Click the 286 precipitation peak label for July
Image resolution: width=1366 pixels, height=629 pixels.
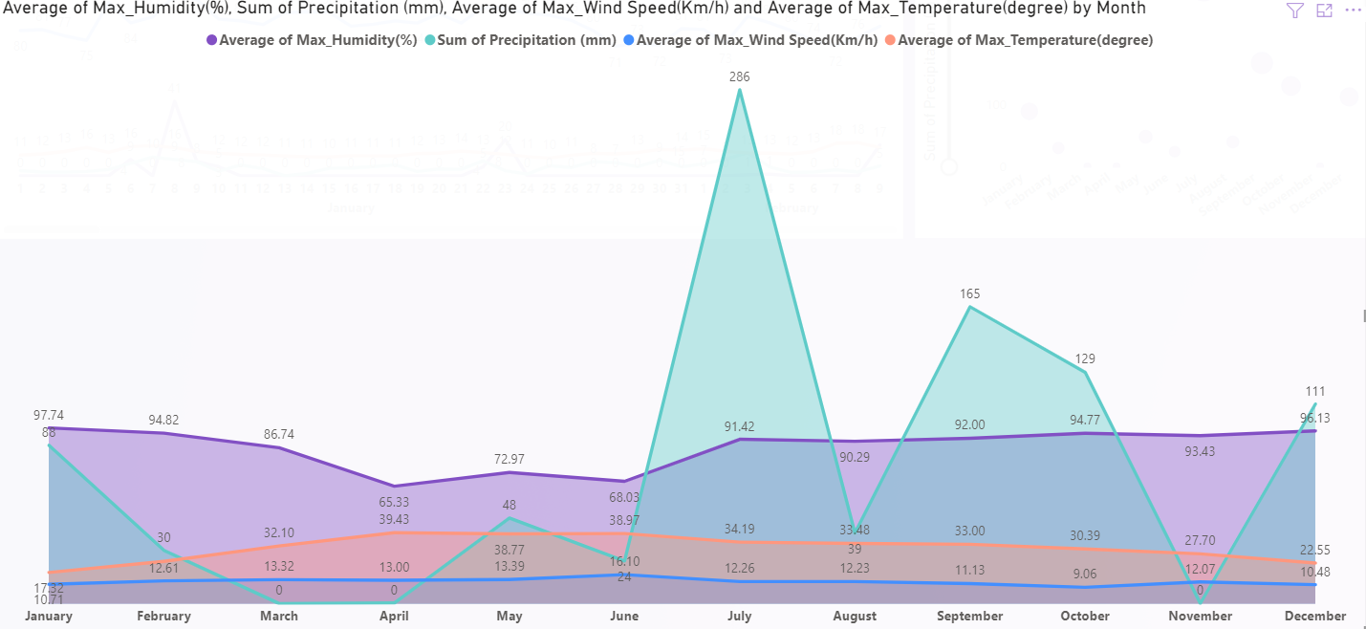pyautogui.click(x=739, y=76)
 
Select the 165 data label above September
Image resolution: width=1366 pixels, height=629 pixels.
pyautogui.click(x=970, y=293)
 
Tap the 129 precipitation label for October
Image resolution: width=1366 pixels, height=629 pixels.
pyautogui.click(x=1085, y=358)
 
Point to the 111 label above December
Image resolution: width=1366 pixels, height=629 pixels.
pyautogui.click(x=1315, y=391)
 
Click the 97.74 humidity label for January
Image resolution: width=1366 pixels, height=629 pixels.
pyautogui.click(x=49, y=415)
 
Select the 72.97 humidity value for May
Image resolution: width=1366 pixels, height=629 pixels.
pyautogui.click(x=510, y=459)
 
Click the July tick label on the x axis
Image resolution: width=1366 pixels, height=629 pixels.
pyautogui.click(x=739, y=617)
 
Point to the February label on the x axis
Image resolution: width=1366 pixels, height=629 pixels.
pyautogui.click(x=163, y=617)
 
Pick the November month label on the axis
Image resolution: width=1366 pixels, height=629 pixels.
pyautogui.click(x=1200, y=617)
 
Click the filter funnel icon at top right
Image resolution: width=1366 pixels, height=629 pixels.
pyautogui.click(x=1294, y=11)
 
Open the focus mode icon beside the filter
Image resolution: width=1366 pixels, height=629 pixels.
pyautogui.click(x=1324, y=11)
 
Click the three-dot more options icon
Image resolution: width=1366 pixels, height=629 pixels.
pyautogui.click(x=1352, y=11)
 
